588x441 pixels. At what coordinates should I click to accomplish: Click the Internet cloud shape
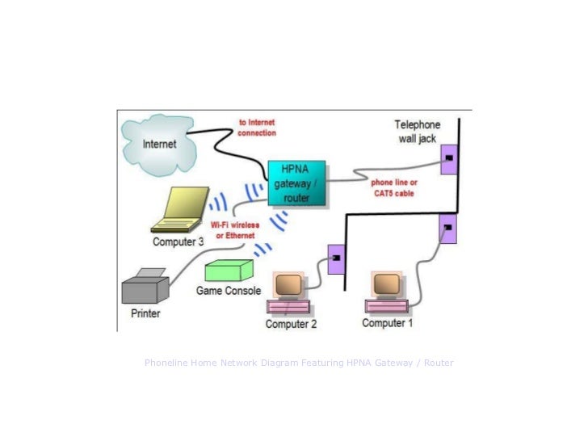(159, 145)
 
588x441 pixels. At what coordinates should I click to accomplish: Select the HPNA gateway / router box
(296, 183)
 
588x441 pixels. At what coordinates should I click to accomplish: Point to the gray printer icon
(145, 285)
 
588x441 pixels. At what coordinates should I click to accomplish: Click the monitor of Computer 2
(288, 284)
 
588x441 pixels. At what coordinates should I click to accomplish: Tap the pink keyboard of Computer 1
(388, 306)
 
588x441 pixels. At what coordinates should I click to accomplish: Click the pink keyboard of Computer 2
(288, 307)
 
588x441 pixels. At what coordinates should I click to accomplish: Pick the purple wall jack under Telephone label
(449, 159)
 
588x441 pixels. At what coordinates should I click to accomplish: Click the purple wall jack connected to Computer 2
(336, 258)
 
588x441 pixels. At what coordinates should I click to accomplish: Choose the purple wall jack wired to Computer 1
(447, 229)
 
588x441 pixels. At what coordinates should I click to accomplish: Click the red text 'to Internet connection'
(257, 128)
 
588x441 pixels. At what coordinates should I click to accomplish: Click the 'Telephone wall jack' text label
(417, 132)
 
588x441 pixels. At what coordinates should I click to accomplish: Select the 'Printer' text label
(145, 313)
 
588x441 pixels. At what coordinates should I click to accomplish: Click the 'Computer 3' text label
(178, 241)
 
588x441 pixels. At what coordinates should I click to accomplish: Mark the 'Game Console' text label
(229, 291)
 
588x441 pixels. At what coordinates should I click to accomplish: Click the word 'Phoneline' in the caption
(166, 363)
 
